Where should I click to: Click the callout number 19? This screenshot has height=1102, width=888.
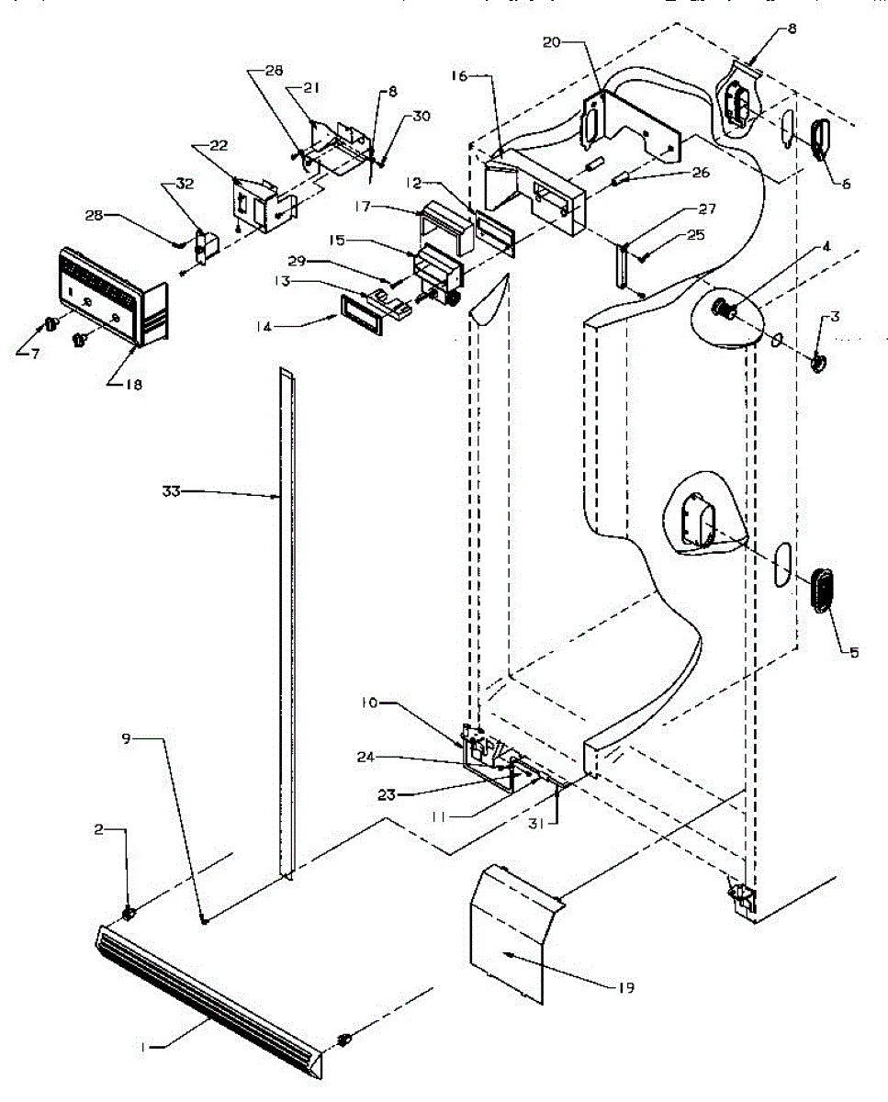pyautogui.click(x=626, y=987)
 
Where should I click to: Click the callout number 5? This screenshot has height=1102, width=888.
pyautogui.click(x=853, y=653)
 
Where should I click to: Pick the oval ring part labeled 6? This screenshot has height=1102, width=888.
pyautogui.click(x=818, y=135)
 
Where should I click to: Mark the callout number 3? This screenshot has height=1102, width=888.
pyautogui.click(x=835, y=317)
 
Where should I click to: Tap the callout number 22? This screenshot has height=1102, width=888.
pyautogui.click(x=218, y=146)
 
